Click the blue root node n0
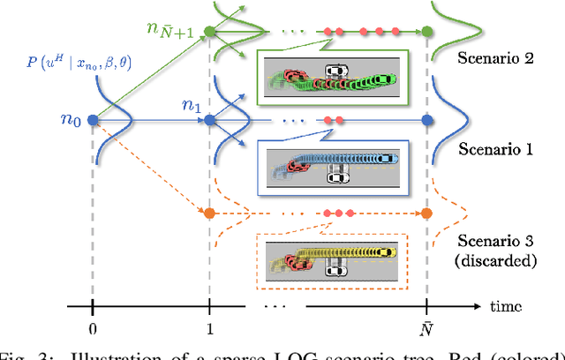[93, 119]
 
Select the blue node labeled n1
[209, 119]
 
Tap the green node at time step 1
[209, 33]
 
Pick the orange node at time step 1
[209, 213]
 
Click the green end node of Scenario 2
[427, 33]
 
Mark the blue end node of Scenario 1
[427, 119]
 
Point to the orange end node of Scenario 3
[427, 213]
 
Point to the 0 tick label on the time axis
[93, 326]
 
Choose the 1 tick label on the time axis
[209, 326]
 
